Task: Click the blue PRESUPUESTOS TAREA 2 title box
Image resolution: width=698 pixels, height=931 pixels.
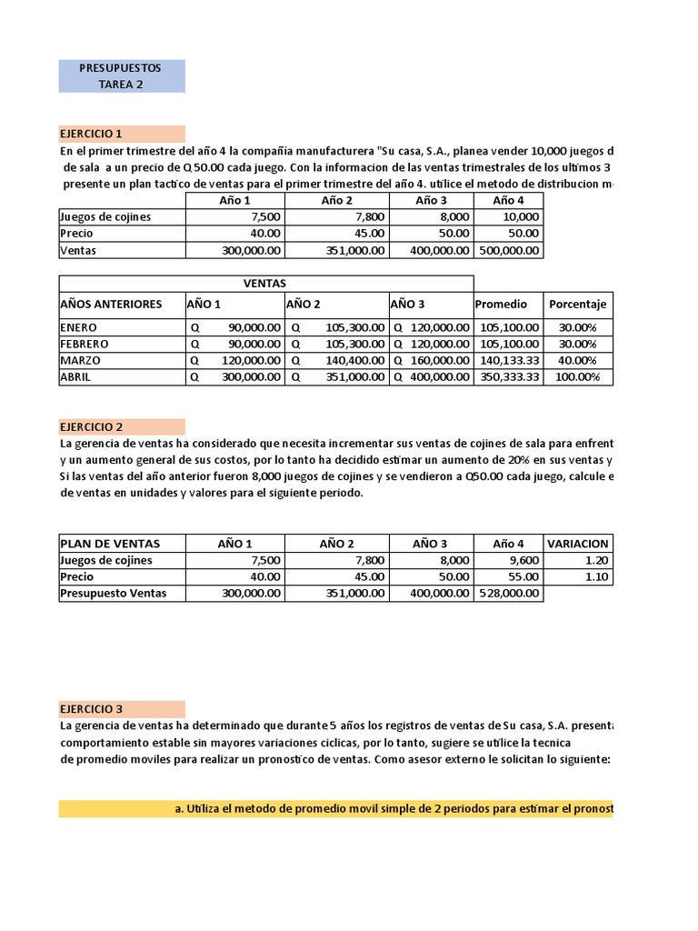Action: pos(122,76)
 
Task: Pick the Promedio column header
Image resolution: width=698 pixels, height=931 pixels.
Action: pos(495,304)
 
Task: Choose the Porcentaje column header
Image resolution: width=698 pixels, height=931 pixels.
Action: pos(577,304)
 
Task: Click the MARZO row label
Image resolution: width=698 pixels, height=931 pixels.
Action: pos(81,360)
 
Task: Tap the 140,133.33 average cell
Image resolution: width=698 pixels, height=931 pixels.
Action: pos(508,360)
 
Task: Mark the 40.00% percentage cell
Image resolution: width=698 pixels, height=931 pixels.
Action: pos(577,360)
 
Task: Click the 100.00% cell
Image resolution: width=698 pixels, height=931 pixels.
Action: pos(577,376)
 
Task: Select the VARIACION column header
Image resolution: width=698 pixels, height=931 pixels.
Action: pos(578,544)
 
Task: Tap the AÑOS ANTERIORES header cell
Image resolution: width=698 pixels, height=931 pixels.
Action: pos(111,304)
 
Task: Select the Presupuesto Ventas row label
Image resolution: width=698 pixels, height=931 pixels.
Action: pos(120,594)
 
